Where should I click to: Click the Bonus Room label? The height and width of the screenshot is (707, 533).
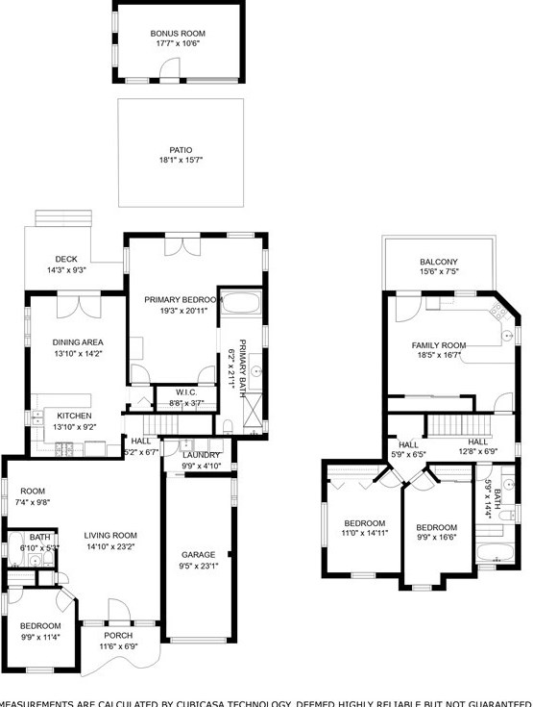point(178,34)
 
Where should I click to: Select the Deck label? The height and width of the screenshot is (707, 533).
point(65,259)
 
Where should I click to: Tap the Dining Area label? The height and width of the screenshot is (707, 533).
point(78,341)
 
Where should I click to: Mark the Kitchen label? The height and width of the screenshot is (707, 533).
point(74,416)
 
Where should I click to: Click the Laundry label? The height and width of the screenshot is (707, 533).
point(202,455)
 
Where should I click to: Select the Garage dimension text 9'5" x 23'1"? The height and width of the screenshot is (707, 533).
point(200,567)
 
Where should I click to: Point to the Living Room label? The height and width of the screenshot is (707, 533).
point(110,536)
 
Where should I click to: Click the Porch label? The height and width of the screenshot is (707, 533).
point(118,635)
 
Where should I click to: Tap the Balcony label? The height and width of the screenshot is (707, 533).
point(438,263)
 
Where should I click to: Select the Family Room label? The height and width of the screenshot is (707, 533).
point(438,345)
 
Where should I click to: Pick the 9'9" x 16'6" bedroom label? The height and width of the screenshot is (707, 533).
point(436,527)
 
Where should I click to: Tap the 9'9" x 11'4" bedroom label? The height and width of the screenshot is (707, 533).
point(40,625)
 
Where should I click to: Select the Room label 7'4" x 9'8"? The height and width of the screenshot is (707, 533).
point(34,491)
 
